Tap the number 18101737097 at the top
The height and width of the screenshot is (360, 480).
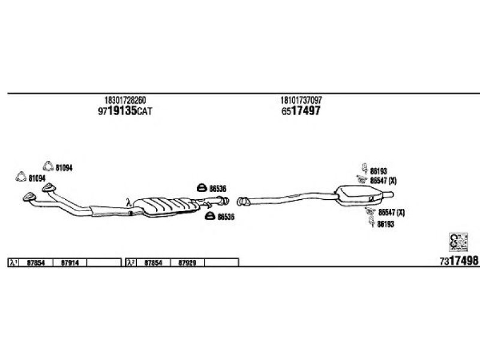pyautogui.click(x=304, y=100)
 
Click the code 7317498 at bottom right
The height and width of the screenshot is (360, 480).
pyautogui.click(x=458, y=261)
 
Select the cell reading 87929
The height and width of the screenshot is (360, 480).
pyautogui.click(x=188, y=263)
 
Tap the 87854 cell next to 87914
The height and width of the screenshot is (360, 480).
pyautogui.click(x=37, y=263)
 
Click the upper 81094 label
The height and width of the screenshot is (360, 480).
pyautogui.click(x=64, y=169)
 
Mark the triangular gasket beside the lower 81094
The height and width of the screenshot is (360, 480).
pyautogui.click(x=20, y=178)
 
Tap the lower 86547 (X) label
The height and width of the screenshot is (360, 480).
pyautogui.click(x=391, y=212)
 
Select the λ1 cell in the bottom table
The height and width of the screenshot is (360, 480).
pyautogui.click(x=13, y=263)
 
